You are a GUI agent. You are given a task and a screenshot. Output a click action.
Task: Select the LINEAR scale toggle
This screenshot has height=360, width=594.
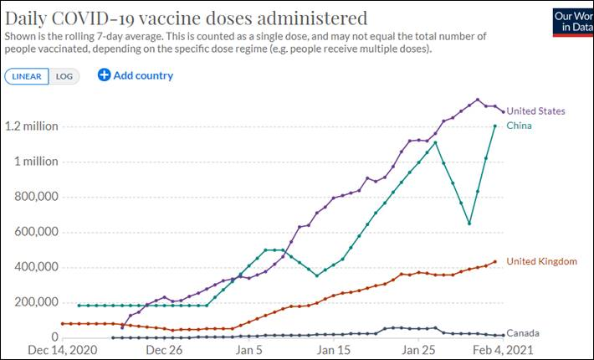click(x=26, y=76)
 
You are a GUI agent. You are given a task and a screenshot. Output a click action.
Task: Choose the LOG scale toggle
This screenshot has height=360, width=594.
click(x=64, y=76)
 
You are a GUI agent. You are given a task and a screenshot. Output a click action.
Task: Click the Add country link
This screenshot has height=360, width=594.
click(x=143, y=75)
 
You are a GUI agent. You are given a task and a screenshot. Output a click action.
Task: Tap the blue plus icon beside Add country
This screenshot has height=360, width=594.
click(x=104, y=75)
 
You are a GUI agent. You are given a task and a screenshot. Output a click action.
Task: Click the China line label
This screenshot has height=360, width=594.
click(x=519, y=126)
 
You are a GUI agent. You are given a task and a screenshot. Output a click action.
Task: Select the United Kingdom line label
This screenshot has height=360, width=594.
click(x=541, y=261)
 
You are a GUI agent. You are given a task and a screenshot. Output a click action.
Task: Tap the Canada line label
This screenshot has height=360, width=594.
click(x=523, y=332)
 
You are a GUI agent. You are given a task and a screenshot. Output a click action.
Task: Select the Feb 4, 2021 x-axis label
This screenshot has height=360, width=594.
click(x=500, y=349)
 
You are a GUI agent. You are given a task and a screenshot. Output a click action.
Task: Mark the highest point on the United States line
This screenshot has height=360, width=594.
click(x=478, y=100)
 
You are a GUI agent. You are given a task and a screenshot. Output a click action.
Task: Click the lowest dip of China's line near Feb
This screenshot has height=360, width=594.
click(x=469, y=224)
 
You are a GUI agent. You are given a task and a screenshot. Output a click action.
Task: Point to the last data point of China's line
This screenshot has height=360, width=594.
click(x=495, y=126)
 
